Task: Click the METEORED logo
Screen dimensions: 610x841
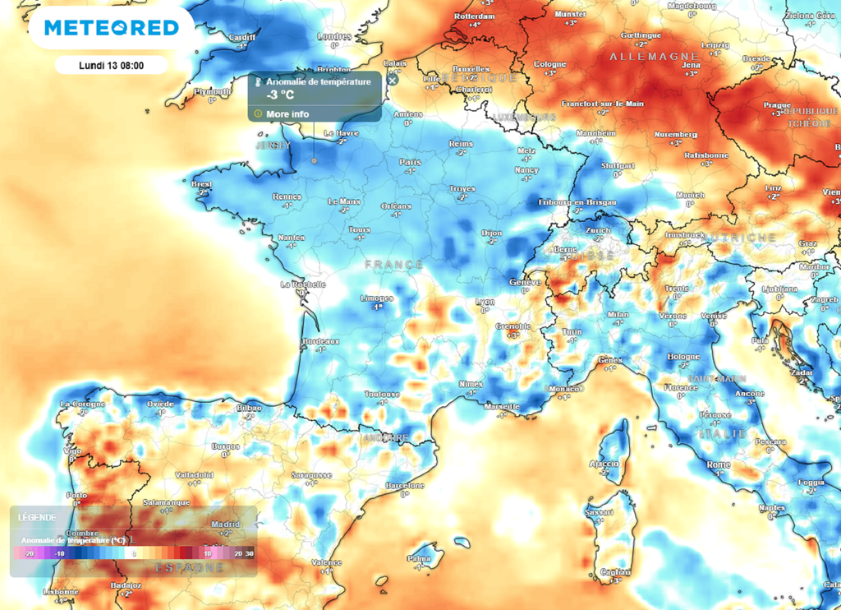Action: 111,28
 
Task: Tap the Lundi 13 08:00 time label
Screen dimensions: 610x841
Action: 112,65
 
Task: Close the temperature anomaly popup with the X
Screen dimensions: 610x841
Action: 393,80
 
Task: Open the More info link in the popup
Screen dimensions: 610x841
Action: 287,113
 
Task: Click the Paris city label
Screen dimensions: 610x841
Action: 409,163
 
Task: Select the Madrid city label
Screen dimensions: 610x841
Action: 225,525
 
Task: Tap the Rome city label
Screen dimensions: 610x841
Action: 719,465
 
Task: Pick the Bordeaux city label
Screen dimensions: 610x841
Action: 321,341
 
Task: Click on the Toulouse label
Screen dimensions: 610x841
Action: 383,395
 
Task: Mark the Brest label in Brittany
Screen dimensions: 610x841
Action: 201,184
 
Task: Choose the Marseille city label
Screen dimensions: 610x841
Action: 502,407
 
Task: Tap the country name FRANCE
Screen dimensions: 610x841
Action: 394,265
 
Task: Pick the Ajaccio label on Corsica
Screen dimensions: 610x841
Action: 604,464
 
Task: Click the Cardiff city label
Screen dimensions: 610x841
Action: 241,37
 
